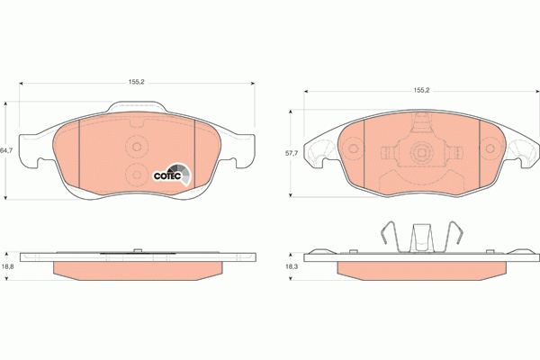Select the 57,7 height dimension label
[x=291, y=154]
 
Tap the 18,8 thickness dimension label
[x=6, y=267]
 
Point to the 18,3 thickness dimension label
[x=291, y=267]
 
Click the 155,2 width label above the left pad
[x=137, y=82]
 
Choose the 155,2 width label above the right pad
[x=420, y=90]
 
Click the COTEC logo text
[x=166, y=175]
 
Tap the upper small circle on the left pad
[x=138, y=148]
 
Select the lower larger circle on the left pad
[x=137, y=174]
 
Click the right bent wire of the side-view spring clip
[x=457, y=236]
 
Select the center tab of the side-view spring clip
[x=420, y=238]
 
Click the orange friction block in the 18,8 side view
[x=137, y=271]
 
